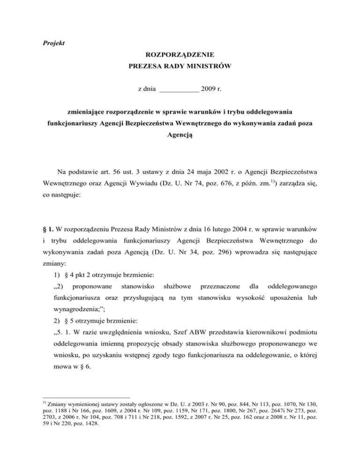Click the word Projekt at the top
(x=51, y=44)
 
